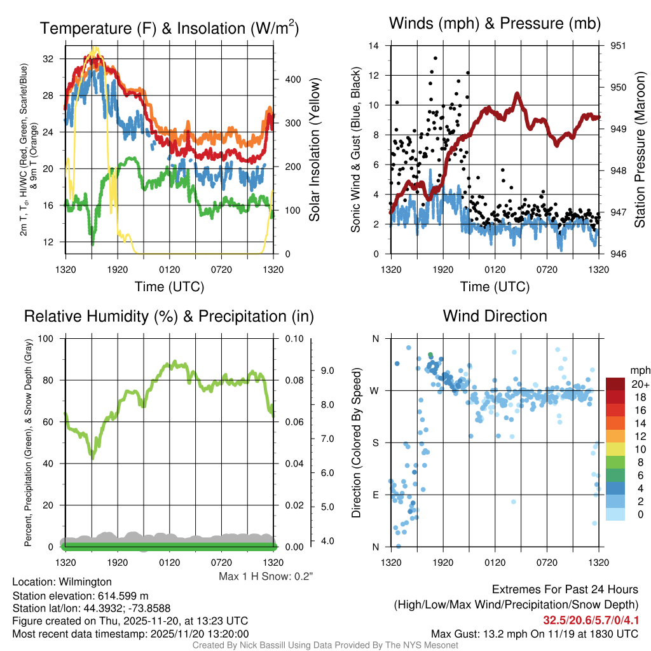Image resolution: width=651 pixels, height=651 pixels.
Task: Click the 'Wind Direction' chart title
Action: [495, 316]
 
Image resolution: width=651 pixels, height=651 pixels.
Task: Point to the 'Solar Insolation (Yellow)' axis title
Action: [314, 150]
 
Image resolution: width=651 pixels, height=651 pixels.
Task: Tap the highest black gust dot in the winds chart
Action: [435, 58]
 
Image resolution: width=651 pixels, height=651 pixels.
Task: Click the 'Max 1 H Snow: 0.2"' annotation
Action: [266, 577]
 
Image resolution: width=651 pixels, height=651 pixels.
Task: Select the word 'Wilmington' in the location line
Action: [85, 582]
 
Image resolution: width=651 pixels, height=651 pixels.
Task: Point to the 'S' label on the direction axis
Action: [375, 442]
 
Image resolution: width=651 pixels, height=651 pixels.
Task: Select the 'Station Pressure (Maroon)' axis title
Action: [640, 150]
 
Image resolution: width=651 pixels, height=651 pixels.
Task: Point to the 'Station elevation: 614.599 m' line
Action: [80, 595]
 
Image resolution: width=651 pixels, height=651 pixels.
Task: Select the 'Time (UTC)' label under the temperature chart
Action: [169, 287]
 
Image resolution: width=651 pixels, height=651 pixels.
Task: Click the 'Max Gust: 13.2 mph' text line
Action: [534, 633]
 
